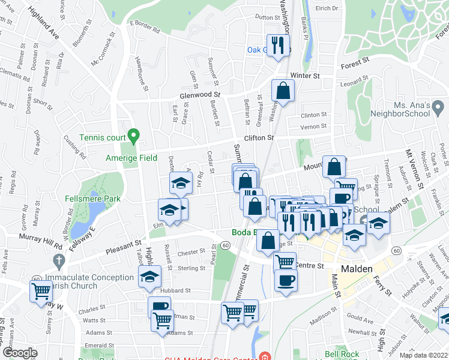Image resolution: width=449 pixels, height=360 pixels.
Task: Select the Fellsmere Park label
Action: [x=93, y=199]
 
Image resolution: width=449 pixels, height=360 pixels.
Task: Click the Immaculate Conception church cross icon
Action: [x=58, y=261]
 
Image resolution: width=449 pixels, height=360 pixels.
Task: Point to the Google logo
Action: [x=20, y=353]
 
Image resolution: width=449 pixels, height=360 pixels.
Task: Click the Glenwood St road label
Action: [x=200, y=95]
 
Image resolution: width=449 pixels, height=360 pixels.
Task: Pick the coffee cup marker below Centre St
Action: [x=285, y=280]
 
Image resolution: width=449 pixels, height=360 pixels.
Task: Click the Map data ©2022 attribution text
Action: [x=423, y=355]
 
